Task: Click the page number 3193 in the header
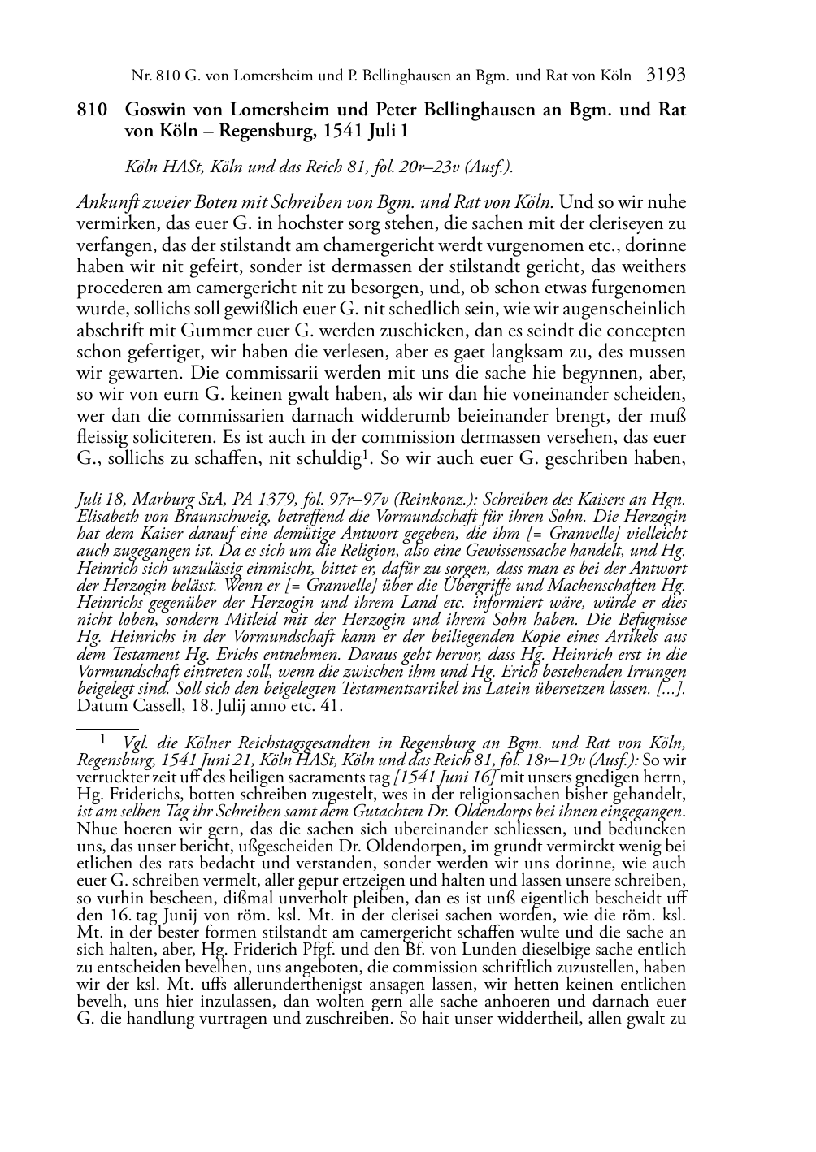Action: [666, 76]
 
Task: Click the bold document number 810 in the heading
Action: [90, 110]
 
